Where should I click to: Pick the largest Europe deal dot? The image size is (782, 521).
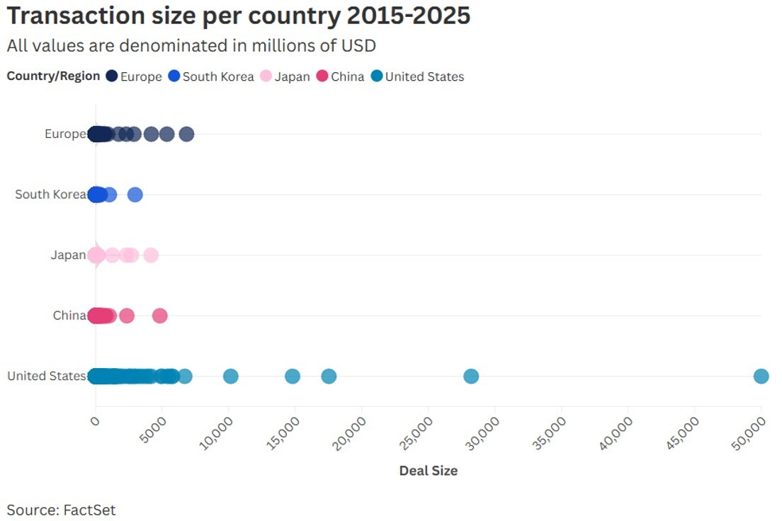pos(186,134)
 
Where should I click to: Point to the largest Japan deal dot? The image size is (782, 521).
pos(151,256)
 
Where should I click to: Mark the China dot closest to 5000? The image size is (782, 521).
pos(160,316)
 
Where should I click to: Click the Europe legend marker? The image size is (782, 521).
pos(112,76)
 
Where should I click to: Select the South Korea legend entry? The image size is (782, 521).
pos(210,76)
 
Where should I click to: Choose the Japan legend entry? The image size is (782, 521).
pos(285,76)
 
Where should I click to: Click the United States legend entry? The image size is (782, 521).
pos(417,76)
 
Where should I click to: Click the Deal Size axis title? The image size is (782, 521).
pos(428,471)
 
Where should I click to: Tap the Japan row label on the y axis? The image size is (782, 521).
pos(68,256)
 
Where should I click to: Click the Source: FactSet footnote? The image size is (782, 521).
pos(61,510)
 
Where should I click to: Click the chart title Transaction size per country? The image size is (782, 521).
pos(239,16)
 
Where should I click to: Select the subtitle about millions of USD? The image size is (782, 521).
pos(191,45)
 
